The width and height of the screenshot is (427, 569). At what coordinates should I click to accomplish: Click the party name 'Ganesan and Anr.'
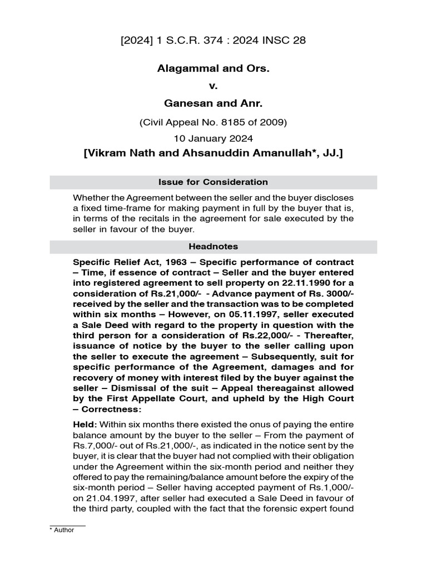point(213,104)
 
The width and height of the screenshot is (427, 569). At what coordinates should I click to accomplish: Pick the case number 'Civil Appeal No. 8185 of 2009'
point(213,122)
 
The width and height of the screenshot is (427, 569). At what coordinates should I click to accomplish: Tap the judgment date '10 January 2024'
point(213,137)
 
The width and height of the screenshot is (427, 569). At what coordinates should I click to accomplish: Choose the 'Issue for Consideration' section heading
point(213,182)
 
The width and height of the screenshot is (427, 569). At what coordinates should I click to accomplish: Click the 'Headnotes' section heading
point(213,247)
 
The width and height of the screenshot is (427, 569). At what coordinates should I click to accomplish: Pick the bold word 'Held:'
point(85,425)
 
